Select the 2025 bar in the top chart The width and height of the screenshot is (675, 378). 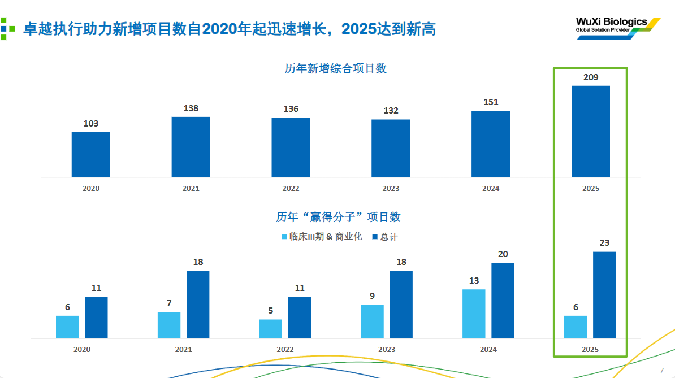click(x=590, y=131)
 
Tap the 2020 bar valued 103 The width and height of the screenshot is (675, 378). click(x=90, y=154)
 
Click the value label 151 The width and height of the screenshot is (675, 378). click(x=491, y=102)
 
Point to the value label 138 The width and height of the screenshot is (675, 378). click(x=191, y=108)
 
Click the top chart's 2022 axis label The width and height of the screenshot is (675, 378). click(x=291, y=188)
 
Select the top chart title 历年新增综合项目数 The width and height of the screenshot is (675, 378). click(x=336, y=68)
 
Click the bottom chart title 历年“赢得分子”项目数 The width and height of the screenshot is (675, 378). click(x=338, y=217)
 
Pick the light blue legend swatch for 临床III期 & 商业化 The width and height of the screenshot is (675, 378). click(x=284, y=237)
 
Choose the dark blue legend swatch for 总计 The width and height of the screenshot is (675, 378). click(x=374, y=237)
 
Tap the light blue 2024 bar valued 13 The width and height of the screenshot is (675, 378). click(x=474, y=314)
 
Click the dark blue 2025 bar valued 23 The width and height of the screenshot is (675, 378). click(x=604, y=295)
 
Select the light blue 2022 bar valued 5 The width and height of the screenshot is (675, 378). click(x=271, y=329)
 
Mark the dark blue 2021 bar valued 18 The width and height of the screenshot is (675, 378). click(x=198, y=304)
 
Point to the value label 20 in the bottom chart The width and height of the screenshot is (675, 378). click(x=503, y=254)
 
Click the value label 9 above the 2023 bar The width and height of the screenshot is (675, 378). click(x=372, y=296)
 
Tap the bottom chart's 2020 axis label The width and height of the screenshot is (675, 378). click(x=82, y=349)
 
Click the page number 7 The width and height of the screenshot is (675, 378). click(x=661, y=370)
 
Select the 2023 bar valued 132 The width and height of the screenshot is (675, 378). click(x=391, y=148)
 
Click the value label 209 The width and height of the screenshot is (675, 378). click(x=591, y=77)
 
